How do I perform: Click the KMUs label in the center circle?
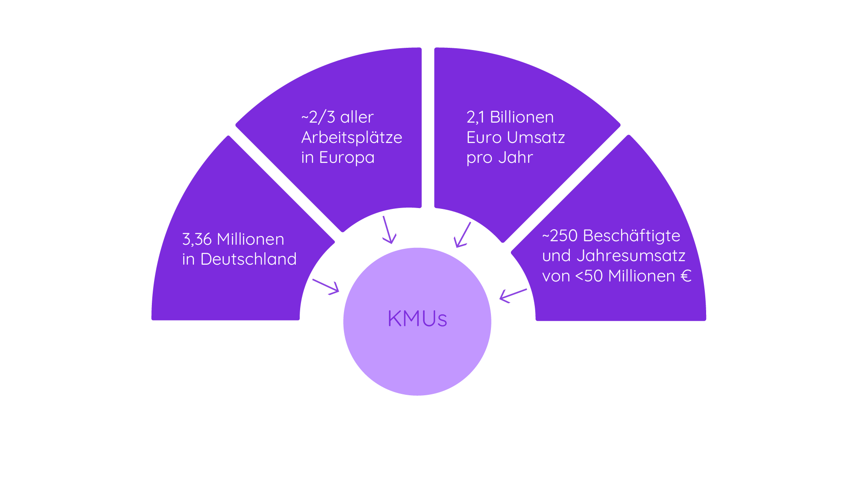pos(417,319)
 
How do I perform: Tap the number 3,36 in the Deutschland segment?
pos(197,239)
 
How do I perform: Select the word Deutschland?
pos(248,259)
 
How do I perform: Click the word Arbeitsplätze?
pos(352,138)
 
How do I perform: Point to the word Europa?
pos(347,158)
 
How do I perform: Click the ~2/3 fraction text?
pos(318,117)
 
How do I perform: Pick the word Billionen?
pos(522,117)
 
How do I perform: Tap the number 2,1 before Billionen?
pos(475,117)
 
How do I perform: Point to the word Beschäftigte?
pos(631,236)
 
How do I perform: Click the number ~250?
pos(560,236)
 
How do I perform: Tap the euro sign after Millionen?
pos(686,276)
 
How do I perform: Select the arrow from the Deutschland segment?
pos(326,286)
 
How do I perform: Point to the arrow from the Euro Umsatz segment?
pos(463,235)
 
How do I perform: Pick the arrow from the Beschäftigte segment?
pos(513,295)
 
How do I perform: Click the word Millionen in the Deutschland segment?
pos(251,239)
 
